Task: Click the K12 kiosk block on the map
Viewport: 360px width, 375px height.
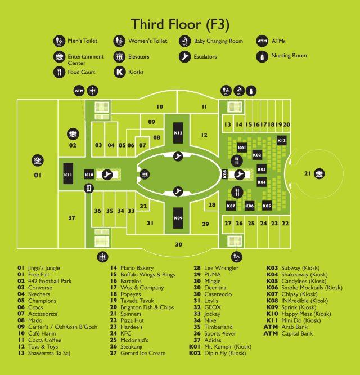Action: [x=178, y=133]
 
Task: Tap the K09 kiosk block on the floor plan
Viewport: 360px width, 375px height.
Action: [x=178, y=218]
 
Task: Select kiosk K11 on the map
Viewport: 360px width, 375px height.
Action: [x=68, y=174]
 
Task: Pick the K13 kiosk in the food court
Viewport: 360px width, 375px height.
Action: [x=282, y=140]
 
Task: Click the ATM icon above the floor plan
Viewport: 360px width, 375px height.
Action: [x=79, y=91]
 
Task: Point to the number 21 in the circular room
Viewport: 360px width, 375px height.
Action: [x=308, y=173]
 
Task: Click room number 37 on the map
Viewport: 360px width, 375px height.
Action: [x=71, y=218]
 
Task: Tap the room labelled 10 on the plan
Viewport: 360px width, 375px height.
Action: [x=160, y=106]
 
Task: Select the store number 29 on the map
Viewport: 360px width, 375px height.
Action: [x=205, y=224]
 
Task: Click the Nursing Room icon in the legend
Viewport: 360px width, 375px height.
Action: [x=262, y=57]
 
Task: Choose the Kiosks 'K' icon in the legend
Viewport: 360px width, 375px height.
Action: [x=119, y=72]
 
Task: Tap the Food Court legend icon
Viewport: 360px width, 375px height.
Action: [x=59, y=72]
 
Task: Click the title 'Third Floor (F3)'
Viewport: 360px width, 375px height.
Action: [x=180, y=25]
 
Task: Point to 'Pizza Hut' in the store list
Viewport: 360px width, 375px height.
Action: [x=132, y=320]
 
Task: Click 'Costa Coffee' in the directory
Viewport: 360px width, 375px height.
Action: [x=44, y=340]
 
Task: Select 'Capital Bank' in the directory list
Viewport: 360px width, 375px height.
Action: [x=297, y=333]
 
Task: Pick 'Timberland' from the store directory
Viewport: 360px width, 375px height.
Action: [x=218, y=327]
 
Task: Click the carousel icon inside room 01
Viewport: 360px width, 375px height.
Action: [x=38, y=160]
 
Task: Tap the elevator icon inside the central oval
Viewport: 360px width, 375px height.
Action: [x=145, y=175]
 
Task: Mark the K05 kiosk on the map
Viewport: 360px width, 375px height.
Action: [x=267, y=206]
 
